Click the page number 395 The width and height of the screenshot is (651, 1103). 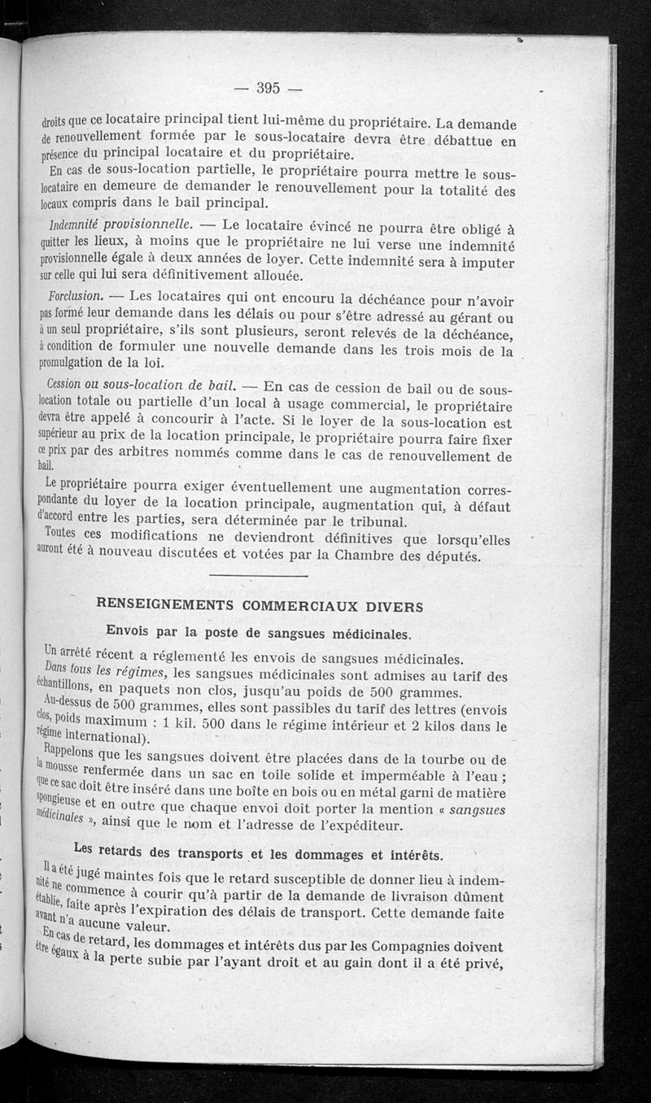268,88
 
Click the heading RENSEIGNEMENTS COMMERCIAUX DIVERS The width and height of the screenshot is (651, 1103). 260,605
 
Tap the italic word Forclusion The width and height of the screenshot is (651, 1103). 74,294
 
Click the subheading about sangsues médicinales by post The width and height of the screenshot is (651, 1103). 259,633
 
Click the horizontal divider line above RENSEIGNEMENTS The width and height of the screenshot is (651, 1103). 258,576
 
